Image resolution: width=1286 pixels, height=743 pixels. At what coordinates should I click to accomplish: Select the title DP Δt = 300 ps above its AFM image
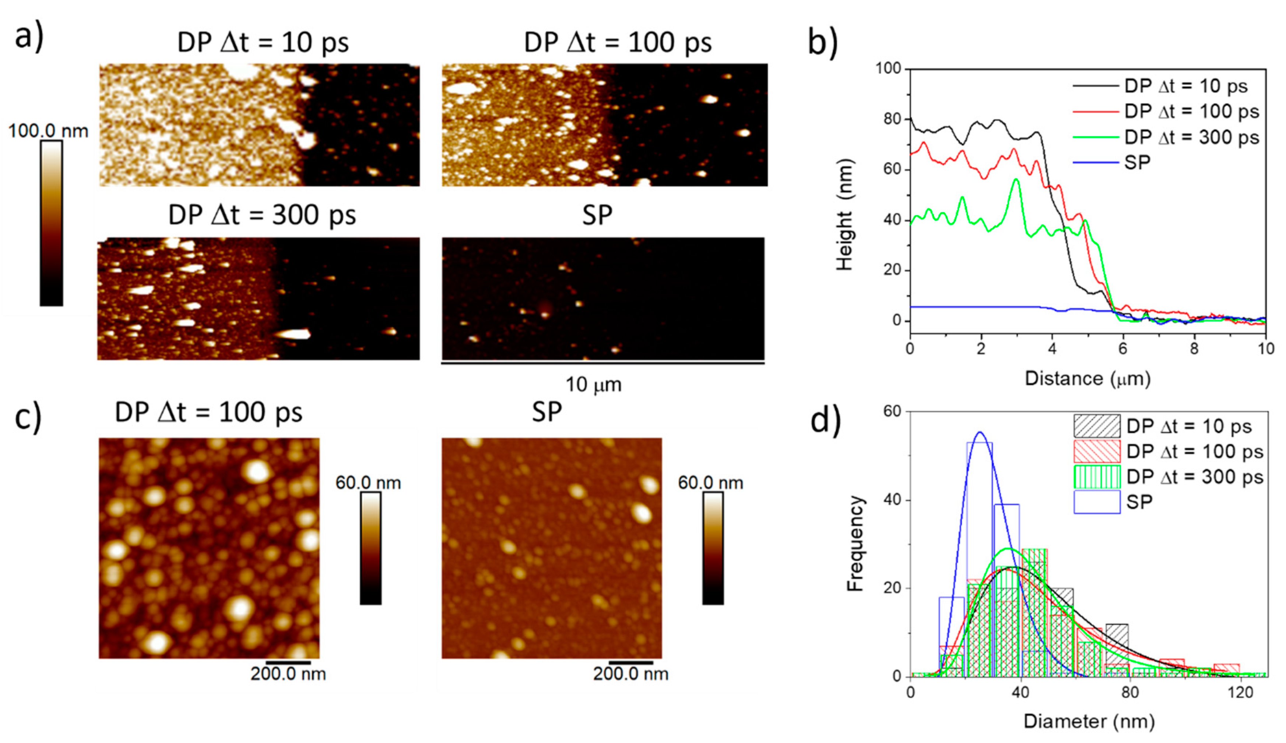point(262,215)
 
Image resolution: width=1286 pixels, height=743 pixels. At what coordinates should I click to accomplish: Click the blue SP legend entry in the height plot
point(1137,163)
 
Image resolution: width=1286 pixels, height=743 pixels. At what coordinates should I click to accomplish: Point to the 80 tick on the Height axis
point(892,119)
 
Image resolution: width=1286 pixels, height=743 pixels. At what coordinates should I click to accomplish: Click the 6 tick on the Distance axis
point(1123,349)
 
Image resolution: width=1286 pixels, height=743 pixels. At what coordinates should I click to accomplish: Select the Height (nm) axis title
point(844,215)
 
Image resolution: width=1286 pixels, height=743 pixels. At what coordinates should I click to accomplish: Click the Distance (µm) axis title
point(1088,378)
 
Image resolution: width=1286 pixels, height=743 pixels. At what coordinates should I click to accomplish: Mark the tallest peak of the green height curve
point(1016,180)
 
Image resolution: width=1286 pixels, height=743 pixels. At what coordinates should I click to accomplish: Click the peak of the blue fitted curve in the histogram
point(980,432)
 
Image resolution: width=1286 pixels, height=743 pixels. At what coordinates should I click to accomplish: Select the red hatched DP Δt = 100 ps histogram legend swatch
point(1096,451)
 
